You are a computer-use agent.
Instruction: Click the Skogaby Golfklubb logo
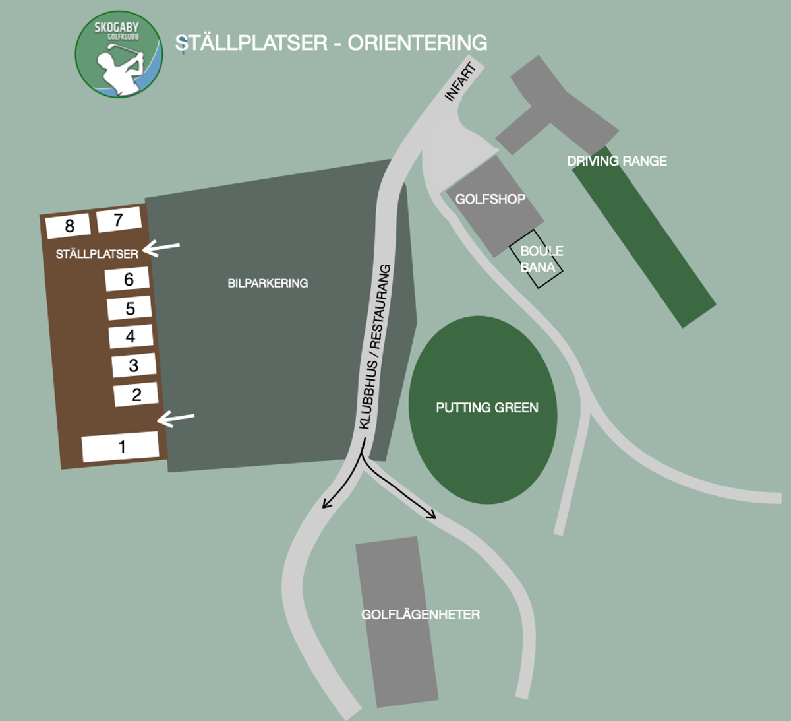119,55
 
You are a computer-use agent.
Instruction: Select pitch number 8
68,226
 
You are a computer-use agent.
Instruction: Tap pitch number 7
119,220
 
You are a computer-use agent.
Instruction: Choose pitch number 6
127,278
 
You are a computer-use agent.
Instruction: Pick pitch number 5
129,308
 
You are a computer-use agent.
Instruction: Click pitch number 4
131,336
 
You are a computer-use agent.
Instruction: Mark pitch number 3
134,365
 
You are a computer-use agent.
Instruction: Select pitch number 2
136,394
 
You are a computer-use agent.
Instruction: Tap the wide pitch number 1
120,447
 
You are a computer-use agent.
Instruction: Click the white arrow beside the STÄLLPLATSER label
161,248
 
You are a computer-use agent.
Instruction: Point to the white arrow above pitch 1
176,418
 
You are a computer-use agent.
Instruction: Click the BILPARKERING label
268,283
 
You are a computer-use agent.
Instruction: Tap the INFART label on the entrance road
460,82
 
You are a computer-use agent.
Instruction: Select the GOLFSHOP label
490,199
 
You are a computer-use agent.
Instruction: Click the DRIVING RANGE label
617,160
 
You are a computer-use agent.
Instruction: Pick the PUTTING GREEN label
487,408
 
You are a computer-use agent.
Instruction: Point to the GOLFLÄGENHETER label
421,614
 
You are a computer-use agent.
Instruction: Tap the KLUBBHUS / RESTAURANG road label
375,347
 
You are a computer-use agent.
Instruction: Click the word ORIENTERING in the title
417,43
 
